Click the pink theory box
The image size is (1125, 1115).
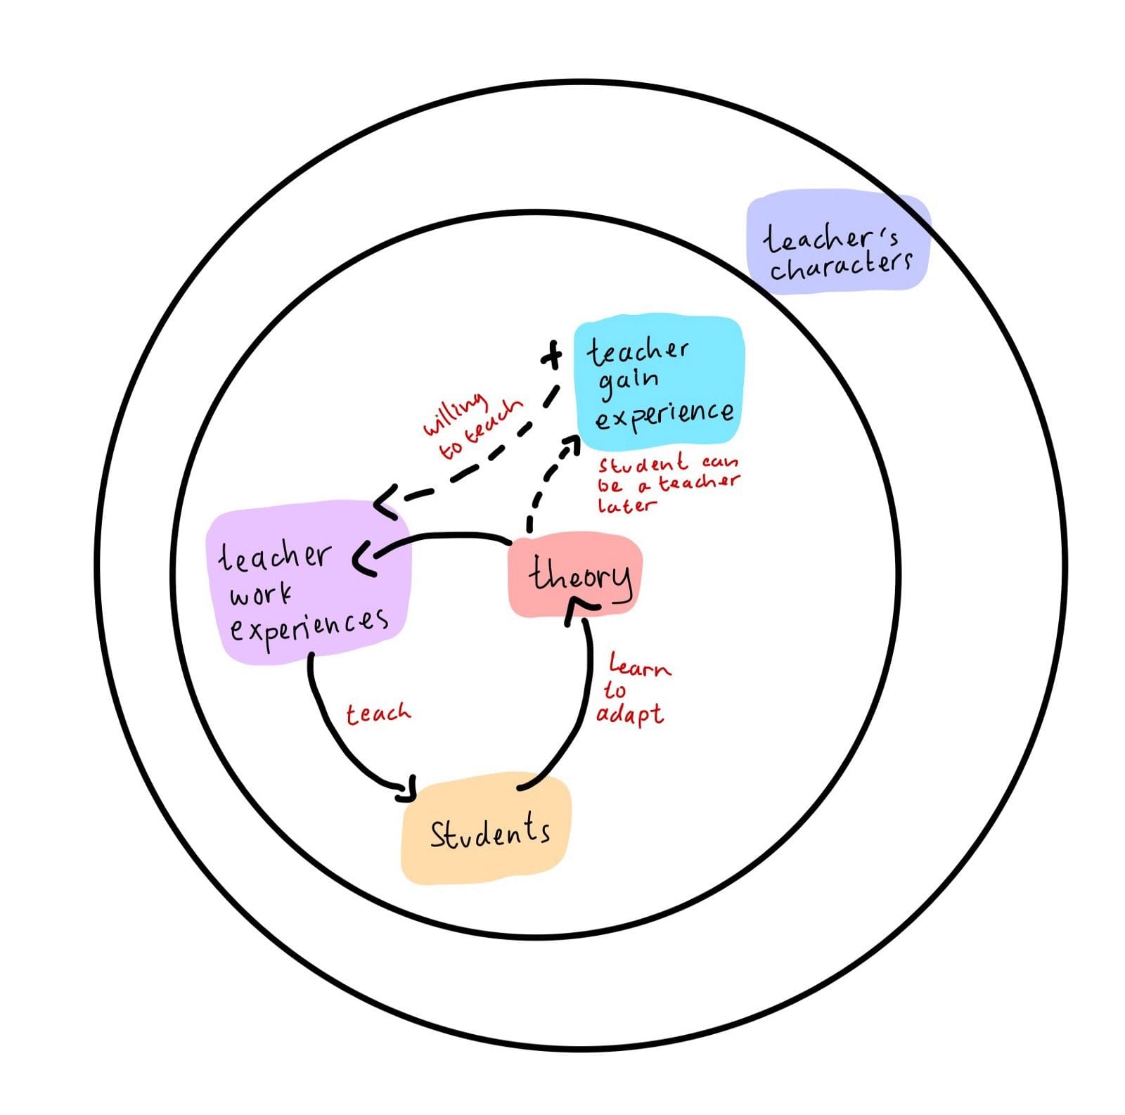click(574, 575)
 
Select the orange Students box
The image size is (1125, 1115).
click(487, 830)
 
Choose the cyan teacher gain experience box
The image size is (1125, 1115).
click(660, 383)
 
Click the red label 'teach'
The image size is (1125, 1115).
click(378, 714)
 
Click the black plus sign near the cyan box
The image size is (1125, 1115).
click(553, 355)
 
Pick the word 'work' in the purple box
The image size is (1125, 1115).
click(259, 595)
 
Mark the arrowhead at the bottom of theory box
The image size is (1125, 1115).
click(581, 606)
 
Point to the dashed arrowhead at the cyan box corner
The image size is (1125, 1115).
click(571, 444)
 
